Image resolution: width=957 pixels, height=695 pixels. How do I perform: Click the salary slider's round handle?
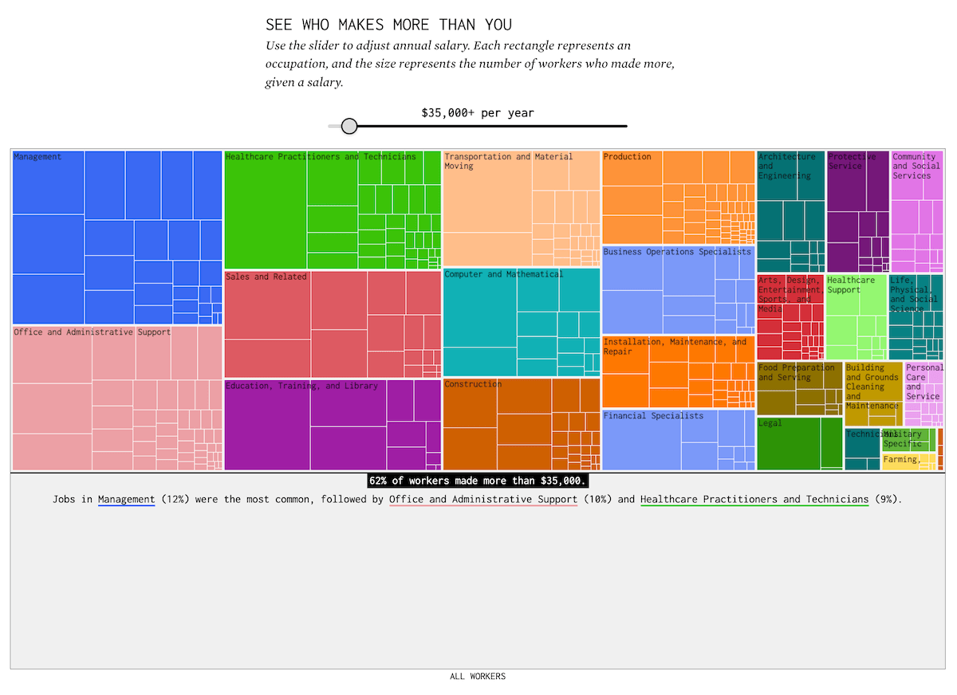tap(349, 126)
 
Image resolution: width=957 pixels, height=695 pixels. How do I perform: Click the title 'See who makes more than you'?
tap(389, 25)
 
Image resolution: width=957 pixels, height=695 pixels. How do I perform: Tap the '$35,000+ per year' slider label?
tap(478, 113)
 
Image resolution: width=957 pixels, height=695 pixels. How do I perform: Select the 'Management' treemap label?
tap(37, 157)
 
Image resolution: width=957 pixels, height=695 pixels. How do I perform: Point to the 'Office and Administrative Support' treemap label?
tap(93, 332)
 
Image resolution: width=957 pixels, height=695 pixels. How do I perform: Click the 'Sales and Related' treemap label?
tap(266, 277)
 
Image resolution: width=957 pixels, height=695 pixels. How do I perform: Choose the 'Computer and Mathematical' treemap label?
tap(503, 275)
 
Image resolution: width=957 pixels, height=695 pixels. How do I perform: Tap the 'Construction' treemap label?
tap(473, 384)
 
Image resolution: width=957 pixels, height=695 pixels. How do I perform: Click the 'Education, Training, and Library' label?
tap(302, 387)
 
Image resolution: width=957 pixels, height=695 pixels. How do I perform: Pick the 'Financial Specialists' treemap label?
tap(654, 416)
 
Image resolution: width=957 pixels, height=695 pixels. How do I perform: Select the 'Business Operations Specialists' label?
tap(677, 252)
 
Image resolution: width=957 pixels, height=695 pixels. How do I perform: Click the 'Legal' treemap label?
tap(770, 423)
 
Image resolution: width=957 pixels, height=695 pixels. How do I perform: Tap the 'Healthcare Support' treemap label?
tap(851, 285)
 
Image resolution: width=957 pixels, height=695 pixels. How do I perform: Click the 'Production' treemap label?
tap(628, 157)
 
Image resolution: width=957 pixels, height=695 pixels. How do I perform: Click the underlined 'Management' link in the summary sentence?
tap(126, 500)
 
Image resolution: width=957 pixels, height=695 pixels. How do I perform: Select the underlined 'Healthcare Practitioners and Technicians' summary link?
tap(754, 500)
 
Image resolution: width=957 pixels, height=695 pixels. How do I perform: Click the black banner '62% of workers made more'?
tap(478, 481)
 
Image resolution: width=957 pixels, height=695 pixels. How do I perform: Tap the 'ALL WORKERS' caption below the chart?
tap(478, 677)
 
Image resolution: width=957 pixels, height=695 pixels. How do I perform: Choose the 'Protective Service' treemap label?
tap(852, 162)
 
